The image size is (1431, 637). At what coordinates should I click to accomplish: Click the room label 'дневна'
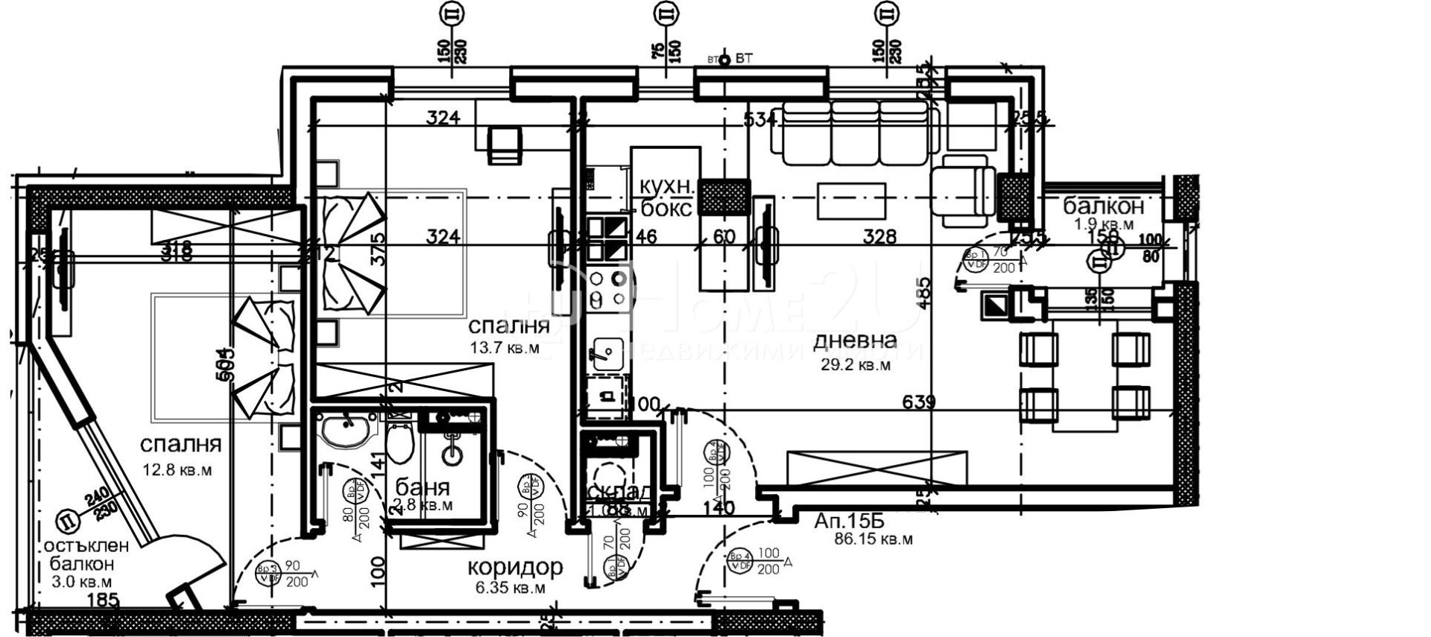[854, 341]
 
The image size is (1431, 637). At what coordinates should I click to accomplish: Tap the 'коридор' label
[515, 568]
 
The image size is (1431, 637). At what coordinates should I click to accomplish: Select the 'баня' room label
[423, 488]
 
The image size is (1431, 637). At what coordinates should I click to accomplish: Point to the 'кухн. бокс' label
[667, 197]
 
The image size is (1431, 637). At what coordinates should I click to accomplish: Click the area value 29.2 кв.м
[853, 365]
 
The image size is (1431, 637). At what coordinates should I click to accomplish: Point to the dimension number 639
[919, 402]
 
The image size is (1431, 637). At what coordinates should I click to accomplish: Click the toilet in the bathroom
[401, 441]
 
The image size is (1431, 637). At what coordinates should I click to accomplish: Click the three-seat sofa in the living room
[854, 134]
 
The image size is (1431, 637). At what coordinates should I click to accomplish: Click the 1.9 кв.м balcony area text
[1104, 224]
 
